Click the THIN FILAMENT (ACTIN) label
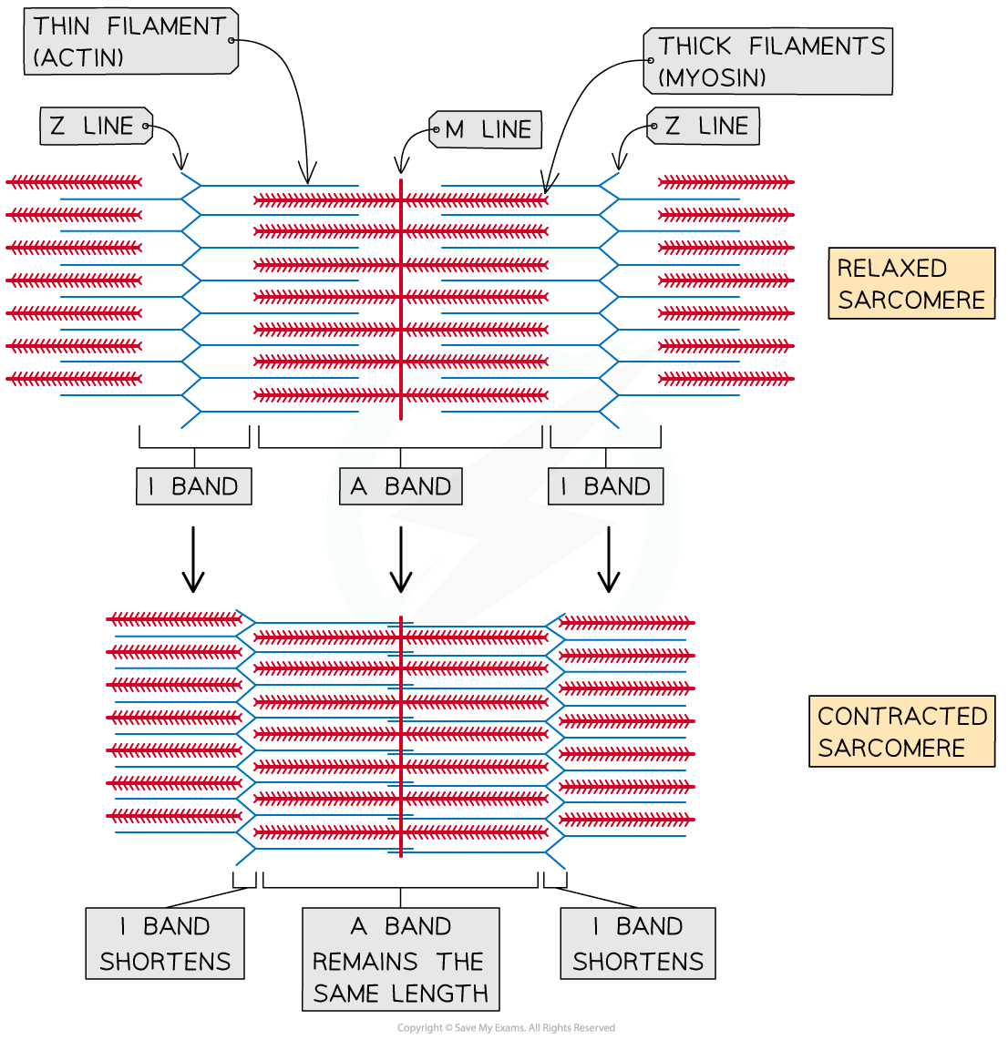129,42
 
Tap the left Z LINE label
94,126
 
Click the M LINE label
488,130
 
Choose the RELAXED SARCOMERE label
910,283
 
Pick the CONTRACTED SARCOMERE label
901,731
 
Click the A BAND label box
401,486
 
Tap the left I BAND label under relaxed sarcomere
193,486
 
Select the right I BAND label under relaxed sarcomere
606,486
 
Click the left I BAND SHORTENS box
165,943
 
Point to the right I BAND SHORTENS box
638,943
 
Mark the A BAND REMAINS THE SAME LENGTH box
401,960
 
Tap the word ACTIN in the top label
78,58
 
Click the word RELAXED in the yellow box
879,269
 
